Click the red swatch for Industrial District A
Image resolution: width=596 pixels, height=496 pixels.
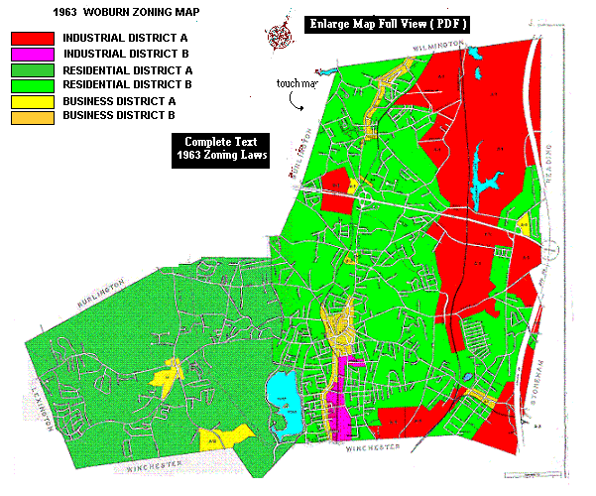(x=32, y=38)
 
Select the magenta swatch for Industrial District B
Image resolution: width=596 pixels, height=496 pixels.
(x=32, y=54)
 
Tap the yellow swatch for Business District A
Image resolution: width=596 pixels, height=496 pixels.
(x=32, y=101)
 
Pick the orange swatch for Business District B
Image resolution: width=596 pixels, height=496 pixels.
(x=32, y=117)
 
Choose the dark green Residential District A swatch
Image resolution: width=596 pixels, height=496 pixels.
(x=32, y=69)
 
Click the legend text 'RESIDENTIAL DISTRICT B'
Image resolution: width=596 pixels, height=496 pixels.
(x=127, y=85)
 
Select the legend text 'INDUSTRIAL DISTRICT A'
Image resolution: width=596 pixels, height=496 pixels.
(x=122, y=38)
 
